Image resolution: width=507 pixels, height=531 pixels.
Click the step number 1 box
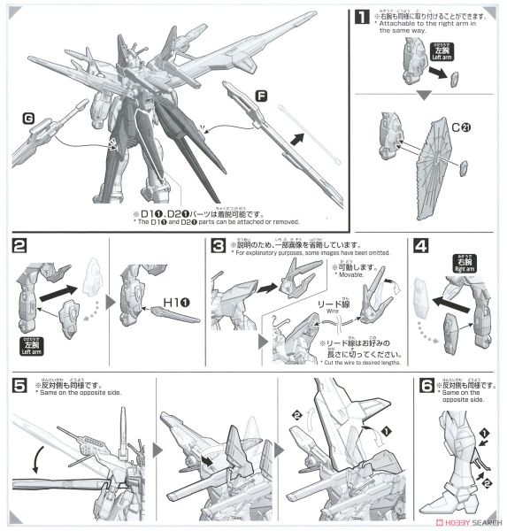[x=363, y=16]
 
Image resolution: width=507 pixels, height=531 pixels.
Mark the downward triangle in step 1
[x=423, y=94]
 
